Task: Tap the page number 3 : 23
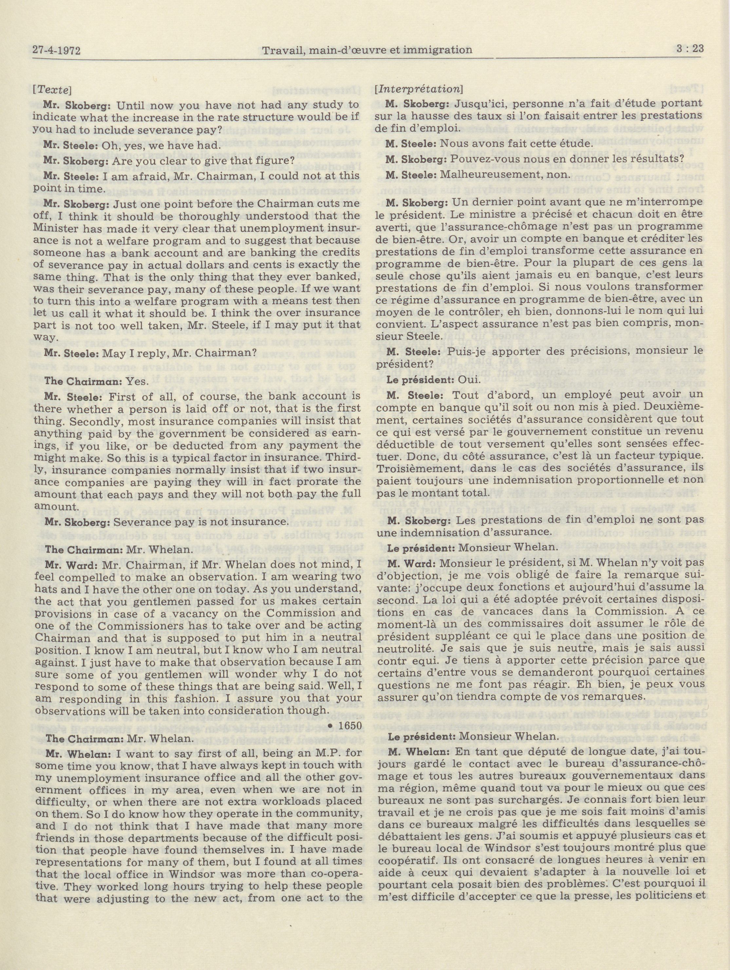pyautogui.click(x=690, y=49)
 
